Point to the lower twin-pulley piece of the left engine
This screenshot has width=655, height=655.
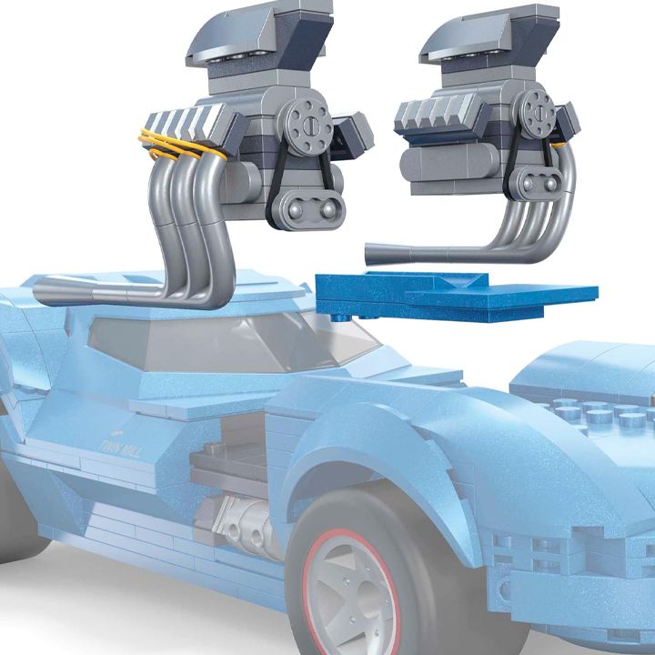point(314,210)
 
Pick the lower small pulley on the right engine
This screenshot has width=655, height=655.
point(537,186)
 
